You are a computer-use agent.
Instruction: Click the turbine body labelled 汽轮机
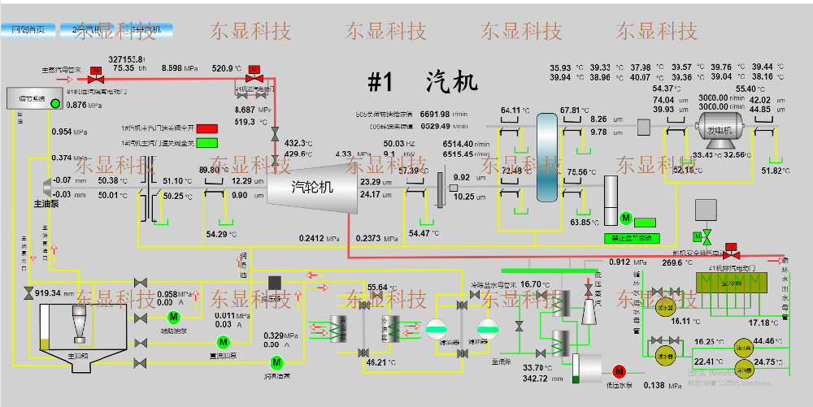313,187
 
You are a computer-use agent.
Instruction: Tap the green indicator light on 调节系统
55,103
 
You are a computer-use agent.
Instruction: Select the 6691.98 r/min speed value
435,114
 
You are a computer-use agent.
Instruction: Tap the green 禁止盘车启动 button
632,238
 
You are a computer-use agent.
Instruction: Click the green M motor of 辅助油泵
172,316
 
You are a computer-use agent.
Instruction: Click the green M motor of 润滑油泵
276,362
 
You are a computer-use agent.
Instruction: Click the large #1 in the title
380,82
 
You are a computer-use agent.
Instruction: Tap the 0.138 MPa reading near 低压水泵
659,385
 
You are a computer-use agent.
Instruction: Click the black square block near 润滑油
275,282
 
